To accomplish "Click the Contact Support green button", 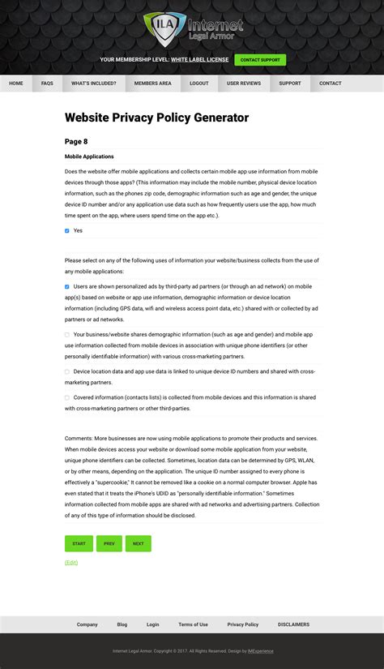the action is [x=260, y=60].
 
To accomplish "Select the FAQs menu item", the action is [x=48, y=84].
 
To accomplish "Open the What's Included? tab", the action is [x=94, y=84].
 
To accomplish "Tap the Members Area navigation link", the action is [x=153, y=84].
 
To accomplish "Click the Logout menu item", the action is [x=199, y=84].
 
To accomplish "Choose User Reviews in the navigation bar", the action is [x=244, y=84].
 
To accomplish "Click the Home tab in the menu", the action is [x=16, y=84].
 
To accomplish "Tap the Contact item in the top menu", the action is [x=330, y=84].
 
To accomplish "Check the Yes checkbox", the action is [x=67, y=231].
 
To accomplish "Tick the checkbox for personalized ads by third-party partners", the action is [x=67, y=287].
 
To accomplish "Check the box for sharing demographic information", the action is [x=67, y=334].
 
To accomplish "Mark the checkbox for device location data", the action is [x=67, y=371].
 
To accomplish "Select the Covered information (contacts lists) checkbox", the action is [x=67, y=397].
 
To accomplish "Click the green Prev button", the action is [x=109, y=543].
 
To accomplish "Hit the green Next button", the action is [x=139, y=543].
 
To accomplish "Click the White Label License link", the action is [x=199, y=60].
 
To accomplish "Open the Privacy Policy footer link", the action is [x=243, y=624].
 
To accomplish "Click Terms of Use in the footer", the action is [x=193, y=624].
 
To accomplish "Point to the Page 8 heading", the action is [x=76, y=142].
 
